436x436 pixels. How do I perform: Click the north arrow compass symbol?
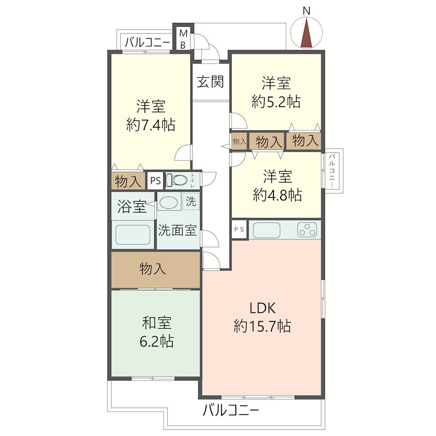coord(306,32)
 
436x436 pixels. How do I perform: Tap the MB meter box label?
coord(183,39)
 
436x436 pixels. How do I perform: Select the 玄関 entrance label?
coord(210,82)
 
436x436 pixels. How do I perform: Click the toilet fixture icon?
coord(177,180)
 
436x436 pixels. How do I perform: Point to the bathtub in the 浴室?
coord(133,234)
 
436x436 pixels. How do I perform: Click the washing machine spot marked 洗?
coord(191,201)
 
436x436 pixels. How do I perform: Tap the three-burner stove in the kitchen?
coord(307,230)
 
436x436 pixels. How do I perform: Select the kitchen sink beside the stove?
coord(267,230)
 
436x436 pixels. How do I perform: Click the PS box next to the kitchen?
coord(239,229)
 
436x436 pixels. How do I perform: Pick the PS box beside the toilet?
coord(155,181)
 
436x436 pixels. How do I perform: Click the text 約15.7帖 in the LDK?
coord(262,326)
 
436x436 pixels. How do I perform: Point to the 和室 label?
coord(156,323)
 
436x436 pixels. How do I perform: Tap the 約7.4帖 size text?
coord(151,125)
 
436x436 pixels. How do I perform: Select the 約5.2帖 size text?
coord(276,101)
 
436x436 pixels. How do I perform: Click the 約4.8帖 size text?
coord(277,195)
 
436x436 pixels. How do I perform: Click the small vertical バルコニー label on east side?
coord(332,171)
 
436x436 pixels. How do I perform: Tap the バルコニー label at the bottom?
coord(231,410)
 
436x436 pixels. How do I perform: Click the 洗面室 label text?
coord(178,230)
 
